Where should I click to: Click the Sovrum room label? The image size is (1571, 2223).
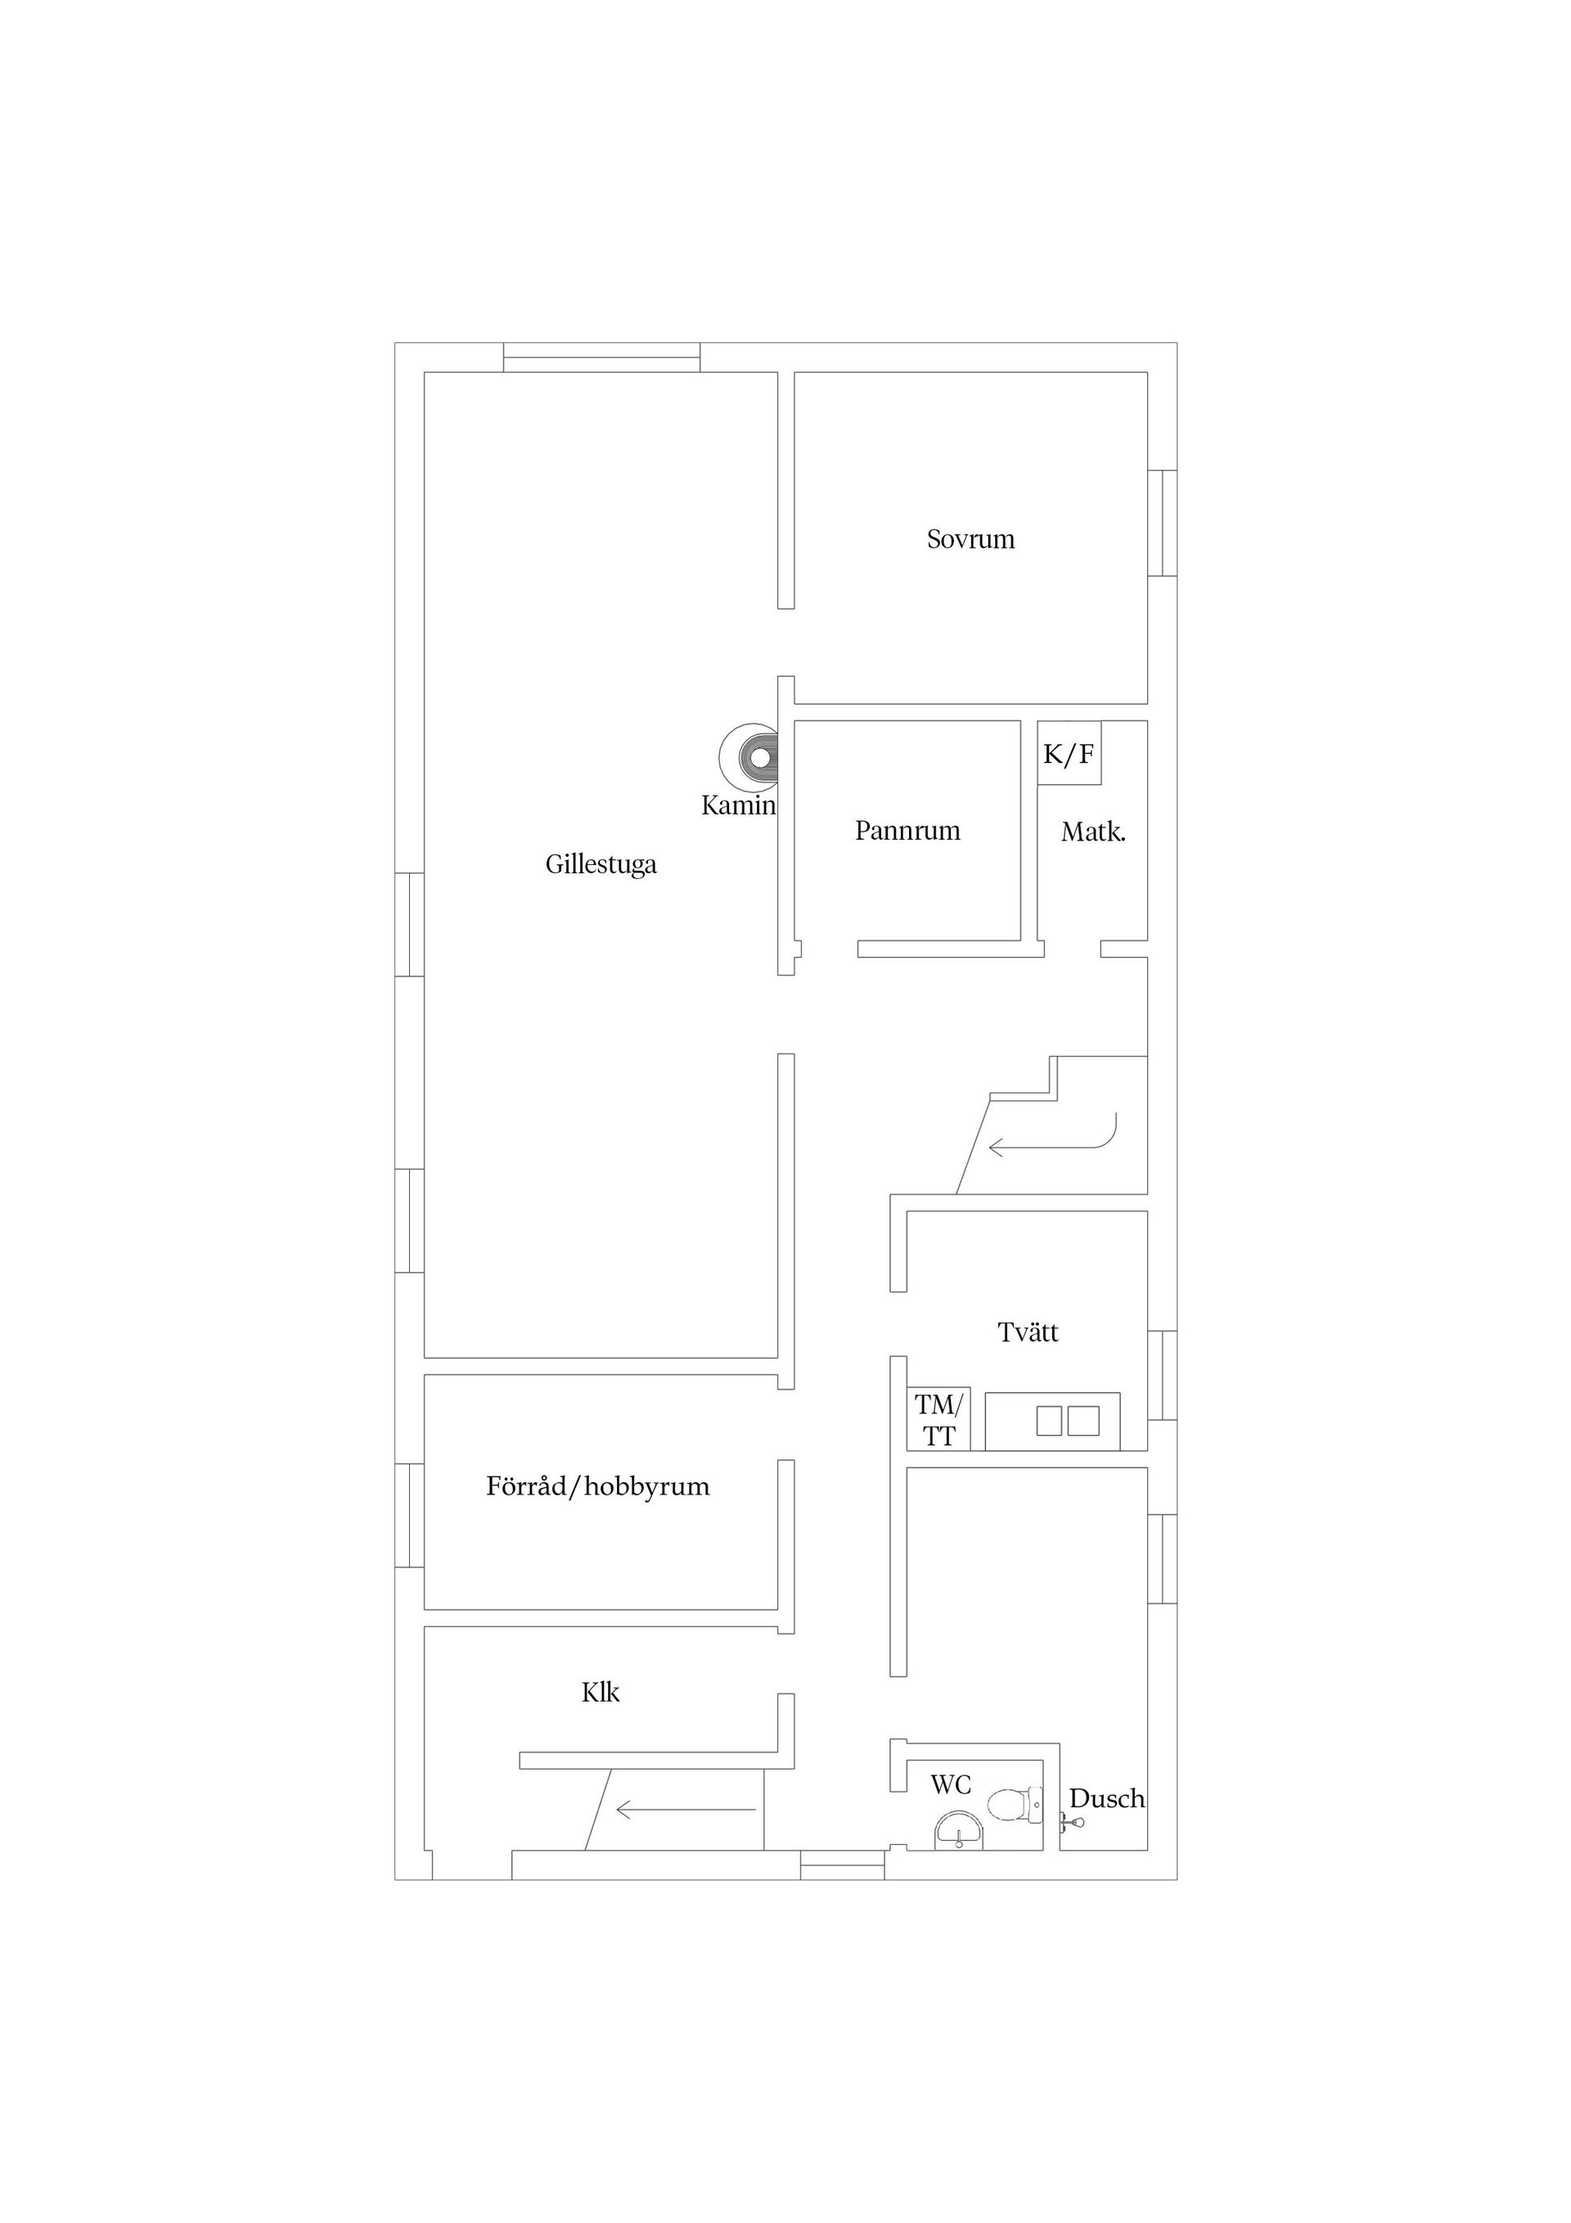pyautogui.click(x=971, y=539)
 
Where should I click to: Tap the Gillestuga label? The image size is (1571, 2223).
pyautogui.click(x=601, y=864)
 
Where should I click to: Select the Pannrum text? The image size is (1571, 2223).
pyautogui.click(x=908, y=831)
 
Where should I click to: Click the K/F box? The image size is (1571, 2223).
pyautogui.click(x=1069, y=753)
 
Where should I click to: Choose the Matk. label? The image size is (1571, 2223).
pyautogui.click(x=1094, y=832)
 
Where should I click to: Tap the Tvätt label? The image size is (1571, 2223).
pyautogui.click(x=1028, y=1332)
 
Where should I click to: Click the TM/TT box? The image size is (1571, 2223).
pyautogui.click(x=939, y=1419)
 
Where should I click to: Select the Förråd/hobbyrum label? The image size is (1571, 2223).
pyautogui.click(x=598, y=1486)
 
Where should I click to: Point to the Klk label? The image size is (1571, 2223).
pyautogui.click(x=600, y=1693)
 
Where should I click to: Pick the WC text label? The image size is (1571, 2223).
pyautogui.click(x=951, y=1784)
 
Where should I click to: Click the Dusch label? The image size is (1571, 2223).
pyautogui.click(x=1107, y=1799)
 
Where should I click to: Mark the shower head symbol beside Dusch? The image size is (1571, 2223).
pyautogui.click(x=1073, y=1823)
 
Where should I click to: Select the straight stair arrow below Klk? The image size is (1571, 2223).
pyautogui.click(x=686, y=1809)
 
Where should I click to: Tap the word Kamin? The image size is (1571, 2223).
pyautogui.click(x=740, y=805)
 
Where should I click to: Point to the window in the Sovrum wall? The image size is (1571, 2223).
pyautogui.click(x=1163, y=523)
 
